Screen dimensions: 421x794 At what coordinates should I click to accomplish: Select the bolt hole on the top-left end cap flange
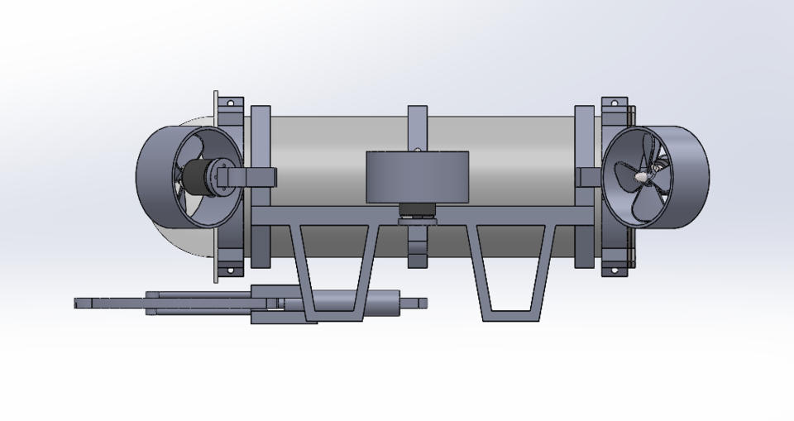[x=231, y=104]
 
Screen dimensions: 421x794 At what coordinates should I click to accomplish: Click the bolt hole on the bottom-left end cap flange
[x=231, y=269]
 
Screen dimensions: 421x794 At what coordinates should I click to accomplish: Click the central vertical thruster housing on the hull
[x=417, y=177]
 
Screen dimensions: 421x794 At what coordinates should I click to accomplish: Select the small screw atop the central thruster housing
[x=418, y=150]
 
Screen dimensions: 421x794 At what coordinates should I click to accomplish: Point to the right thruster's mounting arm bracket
[x=589, y=176]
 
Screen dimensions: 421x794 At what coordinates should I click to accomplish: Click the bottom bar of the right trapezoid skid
[x=512, y=315]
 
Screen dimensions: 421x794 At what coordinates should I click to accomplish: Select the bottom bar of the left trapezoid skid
[x=335, y=315]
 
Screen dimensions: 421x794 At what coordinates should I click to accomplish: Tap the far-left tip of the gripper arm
[x=78, y=303]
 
